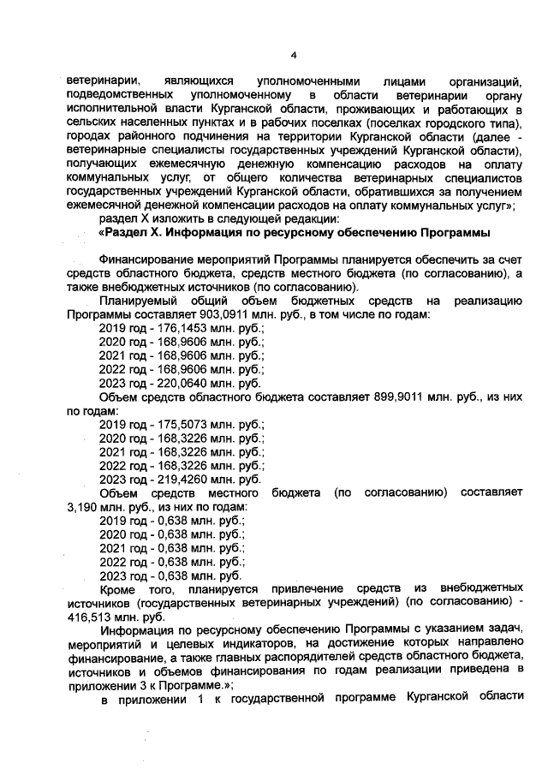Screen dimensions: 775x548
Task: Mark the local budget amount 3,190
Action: pos(83,507)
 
